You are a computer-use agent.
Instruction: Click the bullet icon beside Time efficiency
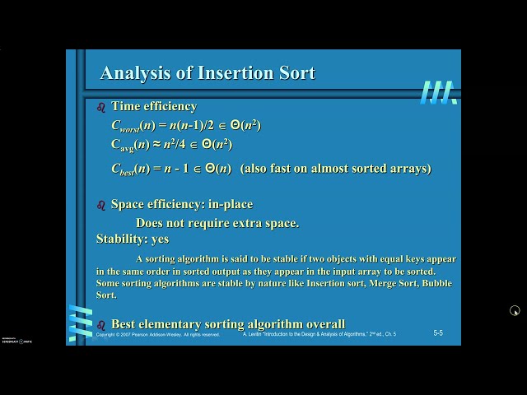coord(101,107)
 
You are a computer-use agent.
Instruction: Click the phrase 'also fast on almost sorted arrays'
coord(336,168)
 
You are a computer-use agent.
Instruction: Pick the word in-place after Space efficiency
coord(231,204)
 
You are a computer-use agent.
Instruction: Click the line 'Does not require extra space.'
coord(217,222)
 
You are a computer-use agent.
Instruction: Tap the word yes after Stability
coord(160,239)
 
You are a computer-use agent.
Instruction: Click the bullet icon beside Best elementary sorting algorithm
coord(101,324)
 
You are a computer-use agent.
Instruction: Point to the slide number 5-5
coord(438,332)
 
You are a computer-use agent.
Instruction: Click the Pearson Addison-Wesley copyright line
coord(157,335)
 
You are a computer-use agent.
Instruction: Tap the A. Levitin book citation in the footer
coord(319,335)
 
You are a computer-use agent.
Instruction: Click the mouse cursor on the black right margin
coord(514,310)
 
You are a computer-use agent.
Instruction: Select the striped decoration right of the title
coord(437,92)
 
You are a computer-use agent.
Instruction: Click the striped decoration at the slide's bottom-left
coord(80,323)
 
